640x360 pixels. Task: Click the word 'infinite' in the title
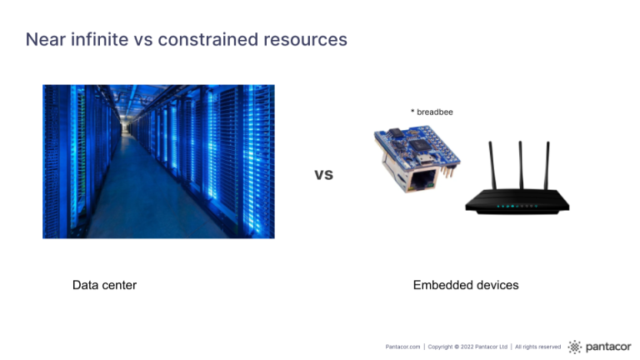[100, 40]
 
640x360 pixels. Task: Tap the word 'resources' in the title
[305, 41]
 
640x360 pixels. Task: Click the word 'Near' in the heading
[46, 40]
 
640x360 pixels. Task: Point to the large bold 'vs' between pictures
[323, 174]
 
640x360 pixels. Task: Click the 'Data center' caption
[104, 285]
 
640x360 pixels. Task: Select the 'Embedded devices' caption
[466, 285]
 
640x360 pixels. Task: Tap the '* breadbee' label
[432, 112]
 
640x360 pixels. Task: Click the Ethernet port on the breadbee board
[418, 179]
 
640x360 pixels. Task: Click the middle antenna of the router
[520, 165]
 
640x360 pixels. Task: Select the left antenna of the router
[492, 165]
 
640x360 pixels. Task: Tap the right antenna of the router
[547, 165]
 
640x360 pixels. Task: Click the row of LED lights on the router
[517, 206]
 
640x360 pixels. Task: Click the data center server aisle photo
[158, 162]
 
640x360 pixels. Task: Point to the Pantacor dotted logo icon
[575, 347]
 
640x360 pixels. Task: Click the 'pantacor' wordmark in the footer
[608, 347]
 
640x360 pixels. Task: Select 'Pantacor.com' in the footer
[402, 347]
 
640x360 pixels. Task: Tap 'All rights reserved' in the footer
[538, 347]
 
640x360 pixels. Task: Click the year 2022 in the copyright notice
[467, 347]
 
